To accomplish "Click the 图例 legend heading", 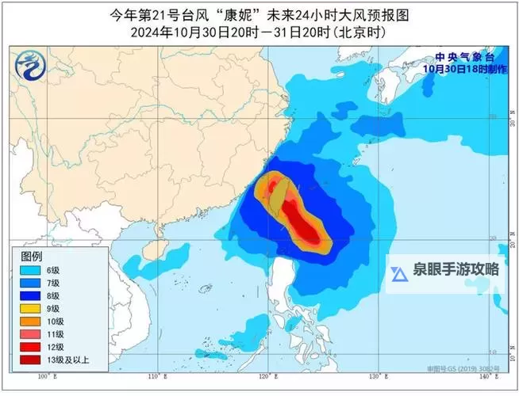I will point(32,257).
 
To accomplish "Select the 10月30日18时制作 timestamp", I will point(463,68).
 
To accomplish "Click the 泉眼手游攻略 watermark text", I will point(456,268).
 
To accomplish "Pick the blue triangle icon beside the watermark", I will point(399,271).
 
